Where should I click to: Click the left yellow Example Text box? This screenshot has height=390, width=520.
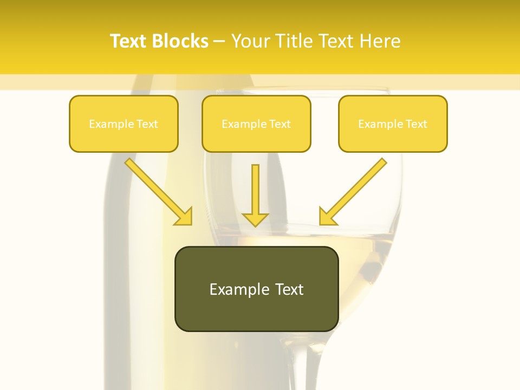[123, 123]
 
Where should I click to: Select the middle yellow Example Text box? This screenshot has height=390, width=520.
[256, 123]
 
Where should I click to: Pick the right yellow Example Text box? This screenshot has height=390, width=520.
[393, 123]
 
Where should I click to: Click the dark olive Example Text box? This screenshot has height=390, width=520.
[256, 289]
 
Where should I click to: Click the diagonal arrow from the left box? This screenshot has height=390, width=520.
[157, 191]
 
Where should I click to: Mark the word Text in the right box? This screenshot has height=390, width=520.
[417, 124]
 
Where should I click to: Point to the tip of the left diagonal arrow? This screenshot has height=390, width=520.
[191, 224]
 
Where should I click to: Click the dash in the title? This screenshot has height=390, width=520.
[219, 42]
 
